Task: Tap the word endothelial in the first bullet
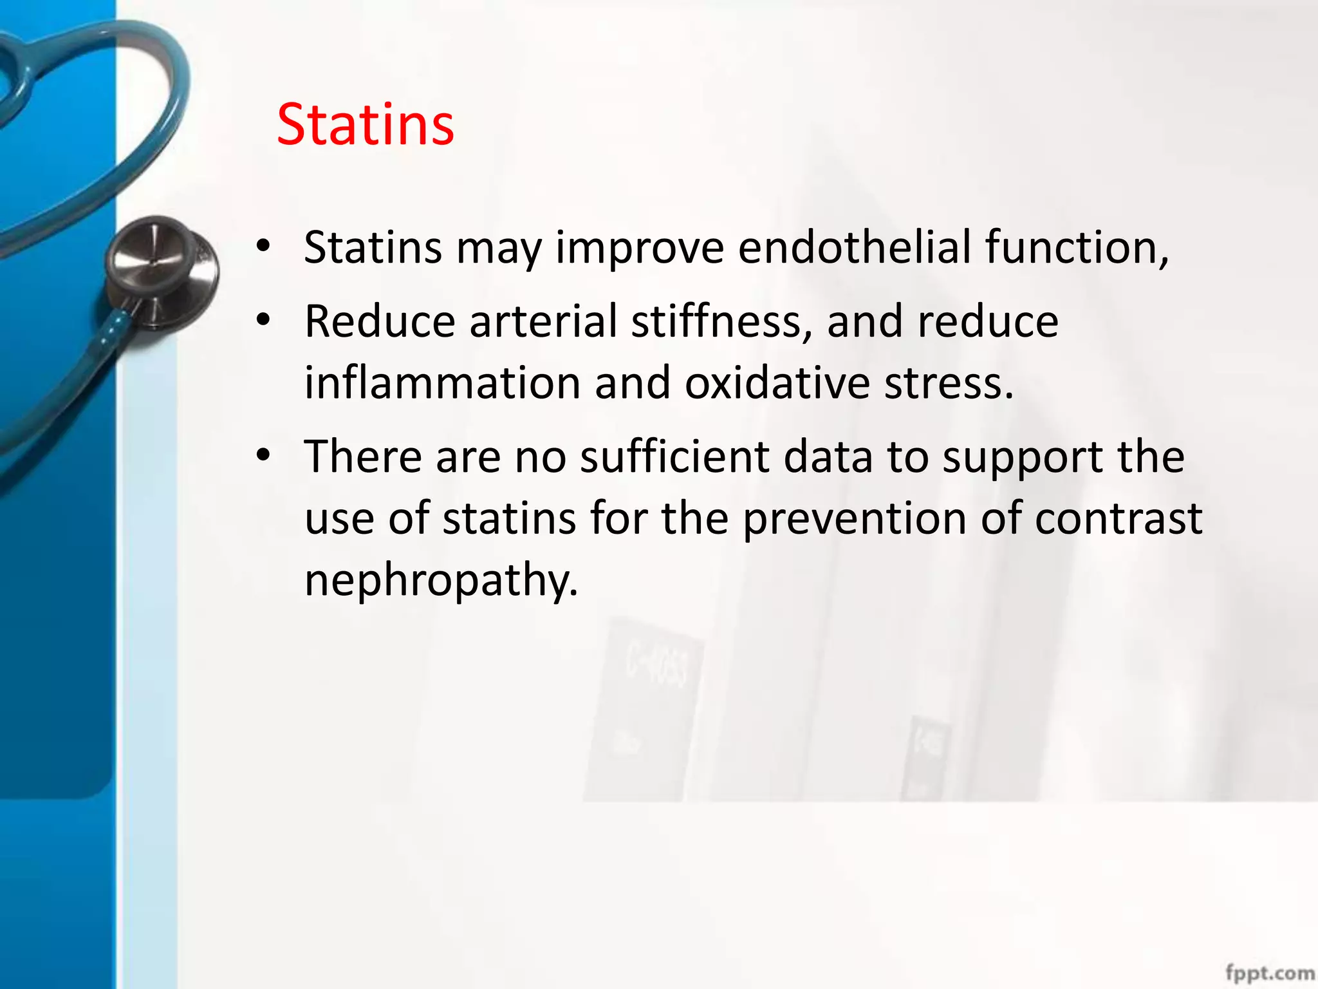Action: tap(854, 247)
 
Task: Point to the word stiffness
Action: tap(721, 321)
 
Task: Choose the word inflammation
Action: tap(442, 383)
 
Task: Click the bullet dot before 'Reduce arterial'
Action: tap(263, 319)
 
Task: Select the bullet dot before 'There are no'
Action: tap(263, 455)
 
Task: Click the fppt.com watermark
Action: tap(1269, 972)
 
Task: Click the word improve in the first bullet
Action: tap(640, 247)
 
